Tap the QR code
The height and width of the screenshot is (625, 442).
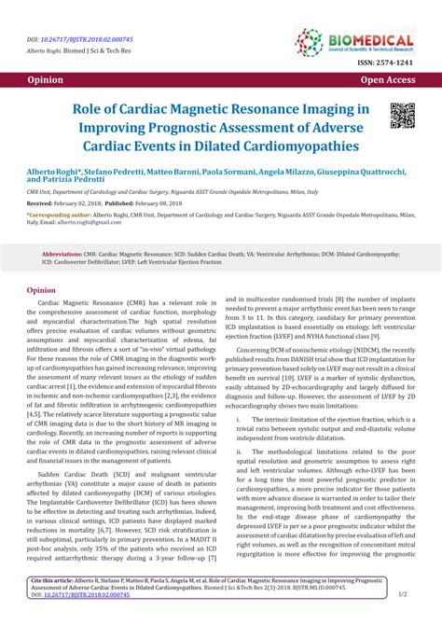(401, 116)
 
